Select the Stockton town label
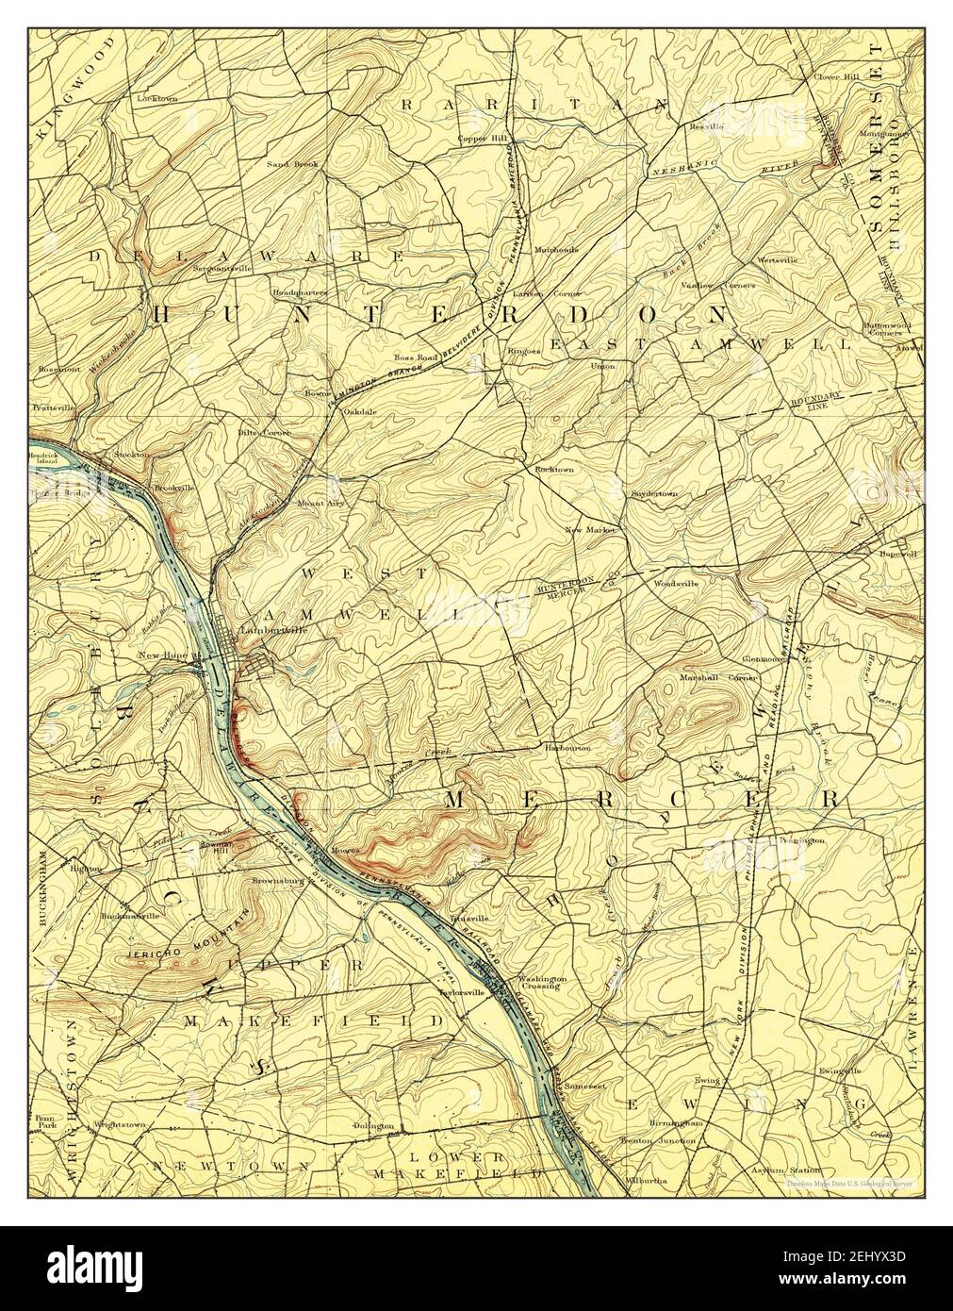pos(132,455)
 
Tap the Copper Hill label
pos(484,139)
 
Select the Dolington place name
pos(372,1127)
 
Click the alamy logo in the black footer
pos(119,1265)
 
